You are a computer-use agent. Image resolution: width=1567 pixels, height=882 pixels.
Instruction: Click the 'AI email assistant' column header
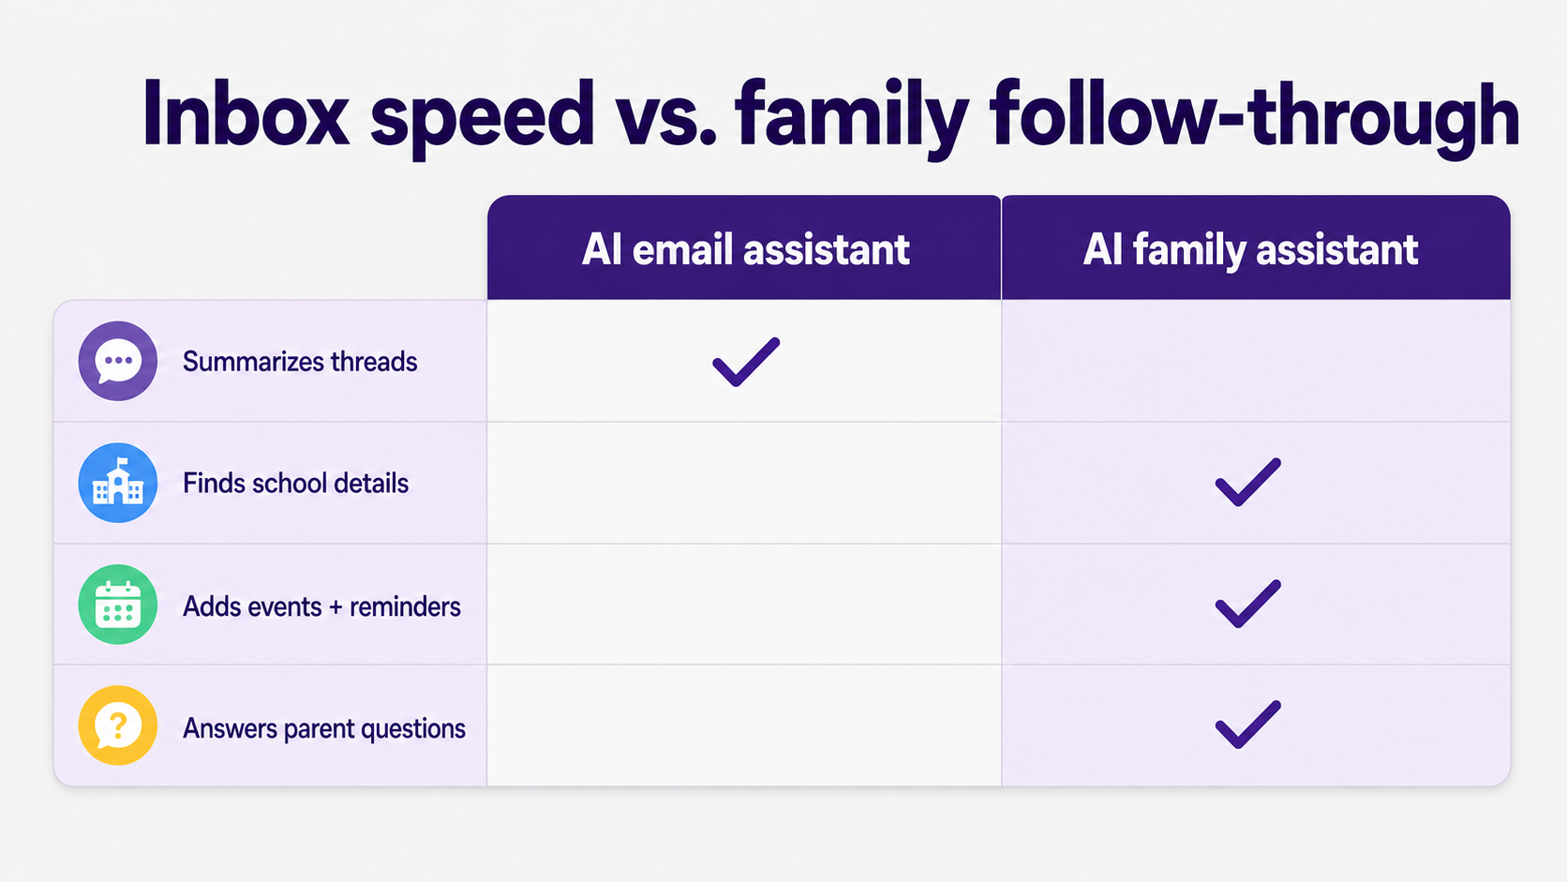(x=745, y=249)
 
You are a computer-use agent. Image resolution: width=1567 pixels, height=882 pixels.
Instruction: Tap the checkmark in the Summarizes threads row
(x=746, y=362)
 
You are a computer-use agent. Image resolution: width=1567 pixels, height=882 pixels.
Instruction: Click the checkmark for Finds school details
(x=1248, y=482)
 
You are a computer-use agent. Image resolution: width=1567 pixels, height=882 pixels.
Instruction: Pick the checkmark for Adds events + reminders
(x=1248, y=604)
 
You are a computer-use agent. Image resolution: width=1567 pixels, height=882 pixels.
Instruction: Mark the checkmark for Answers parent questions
(x=1248, y=725)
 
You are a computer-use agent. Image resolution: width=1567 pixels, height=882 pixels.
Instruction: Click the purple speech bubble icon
(x=117, y=361)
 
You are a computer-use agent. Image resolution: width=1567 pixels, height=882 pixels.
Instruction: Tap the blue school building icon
(x=117, y=483)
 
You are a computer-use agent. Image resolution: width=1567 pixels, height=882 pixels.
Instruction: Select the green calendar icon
(x=117, y=605)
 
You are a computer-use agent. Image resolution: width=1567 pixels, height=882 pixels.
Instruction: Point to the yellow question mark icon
(x=117, y=725)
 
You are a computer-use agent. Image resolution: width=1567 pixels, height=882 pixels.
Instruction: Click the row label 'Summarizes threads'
(x=299, y=362)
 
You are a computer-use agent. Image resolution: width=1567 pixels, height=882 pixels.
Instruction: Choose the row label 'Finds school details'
(x=295, y=484)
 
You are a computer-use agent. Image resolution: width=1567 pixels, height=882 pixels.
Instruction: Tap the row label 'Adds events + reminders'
(x=321, y=606)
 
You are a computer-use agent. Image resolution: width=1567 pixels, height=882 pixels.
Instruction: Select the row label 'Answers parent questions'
(x=324, y=729)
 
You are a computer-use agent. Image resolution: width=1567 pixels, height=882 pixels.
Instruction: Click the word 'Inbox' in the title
(x=246, y=113)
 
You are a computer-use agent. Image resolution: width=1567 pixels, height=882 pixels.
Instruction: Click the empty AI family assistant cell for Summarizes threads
(x=1256, y=361)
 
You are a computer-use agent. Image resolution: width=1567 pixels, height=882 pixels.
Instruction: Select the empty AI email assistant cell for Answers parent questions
(x=744, y=725)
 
